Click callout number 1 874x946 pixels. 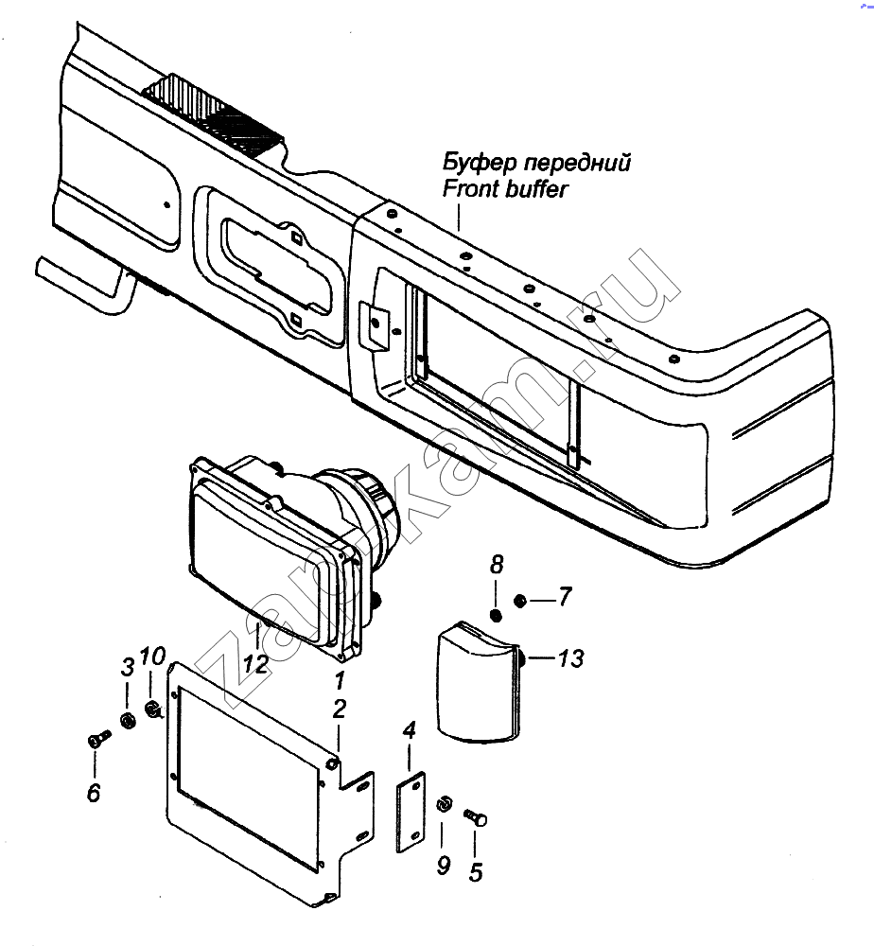pos(339,679)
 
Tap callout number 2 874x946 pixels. pos(339,709)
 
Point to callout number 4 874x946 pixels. pos(409,730)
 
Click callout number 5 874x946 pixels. pos(475,871)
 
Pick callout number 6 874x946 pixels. pos(93,793)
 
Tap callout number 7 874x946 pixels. pos(564,597)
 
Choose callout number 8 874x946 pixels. pos(497,568)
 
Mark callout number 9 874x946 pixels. pos(444,864)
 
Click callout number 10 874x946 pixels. pos(152,657)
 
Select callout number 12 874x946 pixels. pos(253,663)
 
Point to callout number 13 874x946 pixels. pos(570,658)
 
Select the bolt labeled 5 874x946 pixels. pos(476,816)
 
